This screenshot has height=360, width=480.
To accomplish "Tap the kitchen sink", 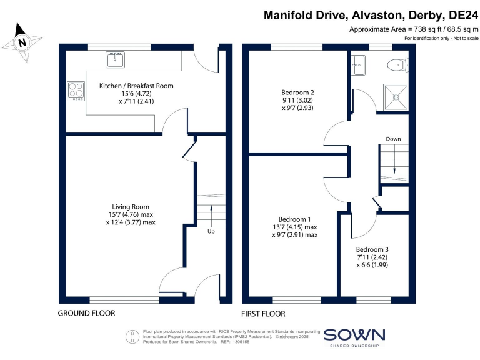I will (116, 59).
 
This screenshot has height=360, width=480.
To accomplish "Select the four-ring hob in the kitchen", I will (76, 91).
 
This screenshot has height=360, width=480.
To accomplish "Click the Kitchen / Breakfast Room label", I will (136, 86).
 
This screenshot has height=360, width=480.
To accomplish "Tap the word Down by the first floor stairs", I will (393, 139).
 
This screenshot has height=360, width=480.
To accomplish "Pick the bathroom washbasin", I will (358, 62).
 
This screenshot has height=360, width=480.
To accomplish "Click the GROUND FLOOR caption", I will (86, 313).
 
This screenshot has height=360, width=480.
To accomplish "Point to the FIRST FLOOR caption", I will (263, 313).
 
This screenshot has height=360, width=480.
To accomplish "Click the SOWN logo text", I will (354, 334).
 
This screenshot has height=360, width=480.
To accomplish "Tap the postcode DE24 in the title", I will (461, 14).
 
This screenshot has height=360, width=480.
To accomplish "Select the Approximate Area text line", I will (412, 30).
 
